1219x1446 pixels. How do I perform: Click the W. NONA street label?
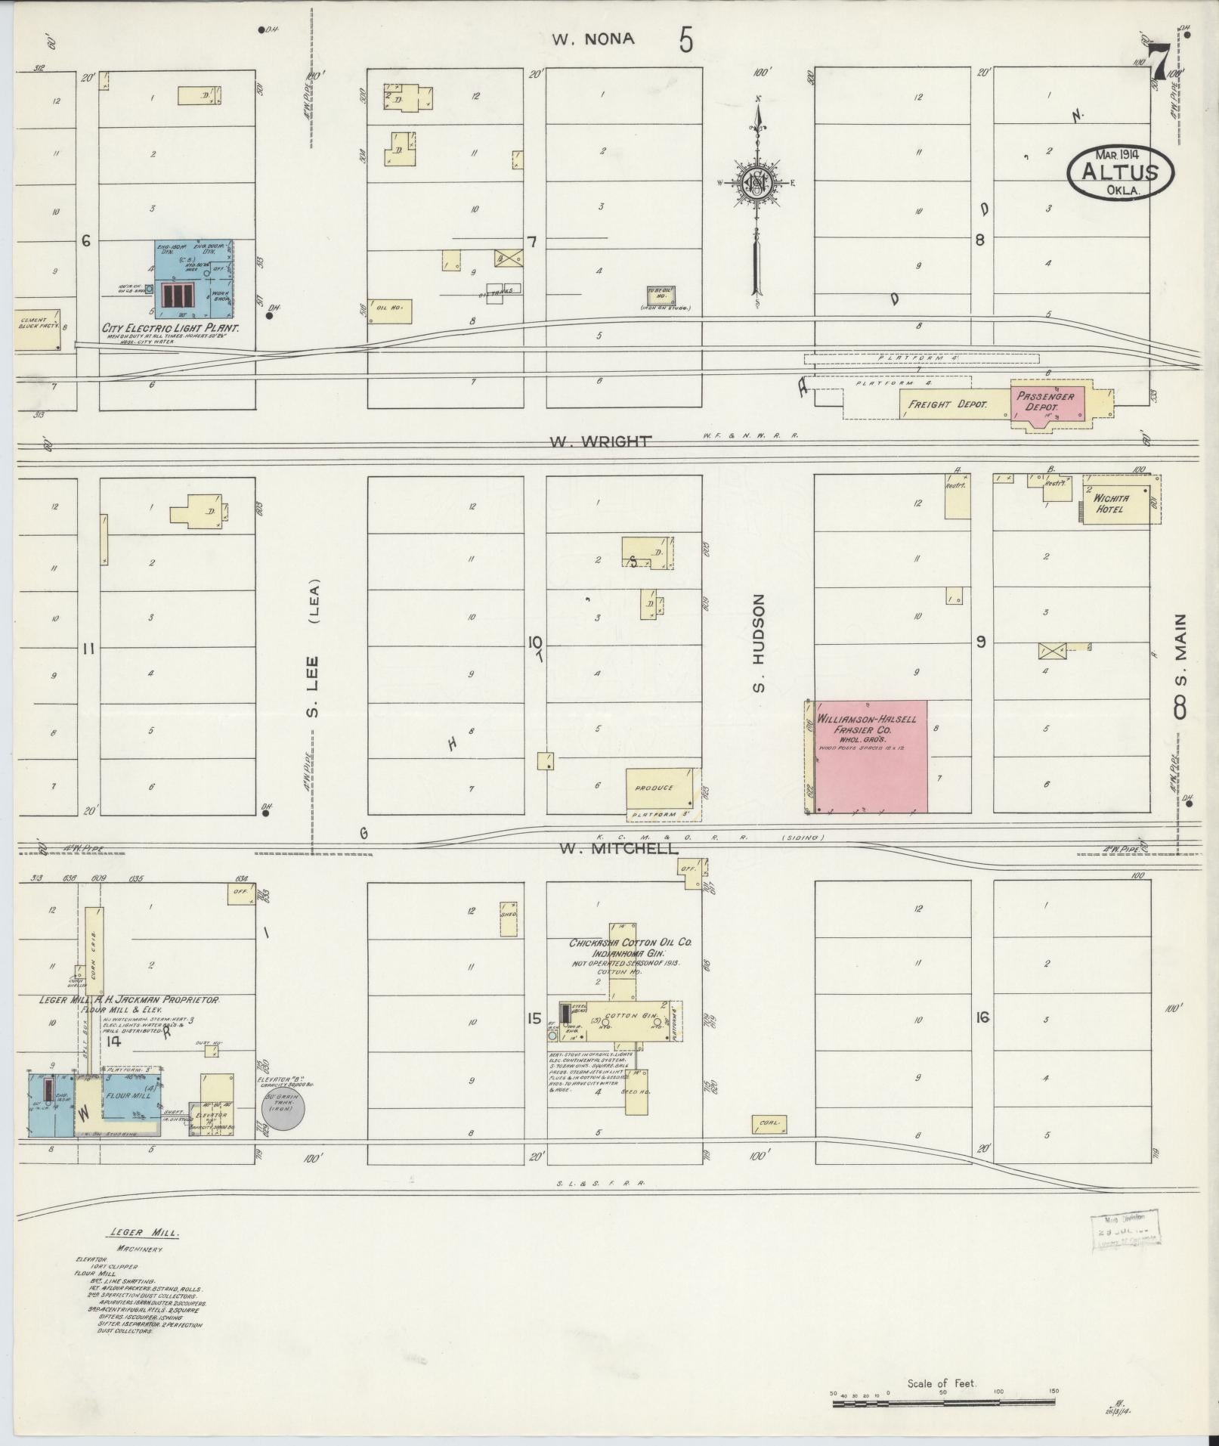pos(592,39)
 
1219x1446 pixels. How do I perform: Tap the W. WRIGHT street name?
pos(602,441)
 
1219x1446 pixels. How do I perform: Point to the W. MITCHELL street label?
pos(618,849)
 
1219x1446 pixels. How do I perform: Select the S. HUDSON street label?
pos(759,642)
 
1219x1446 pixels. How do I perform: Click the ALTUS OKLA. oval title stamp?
pos(1121,172)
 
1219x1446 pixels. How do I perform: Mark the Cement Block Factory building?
pos(38,329)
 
